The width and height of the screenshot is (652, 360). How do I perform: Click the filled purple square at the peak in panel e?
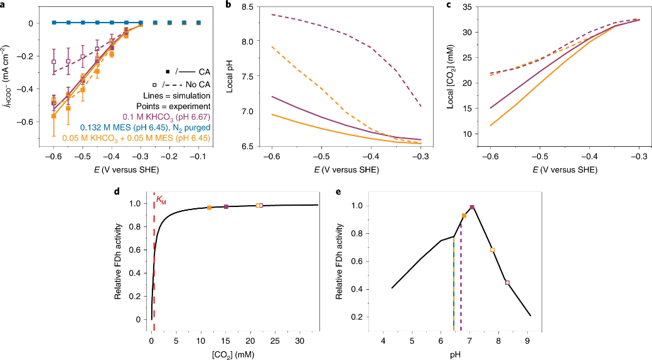(x=472, y=208)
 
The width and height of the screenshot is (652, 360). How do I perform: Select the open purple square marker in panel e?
(x=507, y=283)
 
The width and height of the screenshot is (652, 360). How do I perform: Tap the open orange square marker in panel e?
(x=493, y=250)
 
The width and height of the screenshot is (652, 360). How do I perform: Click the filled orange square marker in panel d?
(x=209, y=208)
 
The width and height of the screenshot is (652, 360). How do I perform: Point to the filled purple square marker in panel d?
(x=226, y=206)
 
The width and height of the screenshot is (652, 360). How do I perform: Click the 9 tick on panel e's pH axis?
(x=528, y=341)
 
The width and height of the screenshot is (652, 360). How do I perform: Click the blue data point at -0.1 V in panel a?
(x=198, y=23)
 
